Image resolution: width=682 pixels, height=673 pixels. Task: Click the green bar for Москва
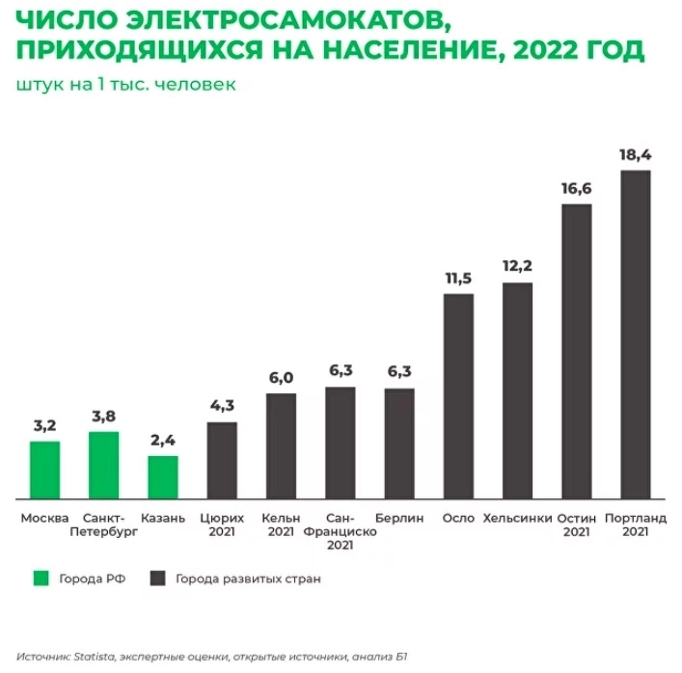[44, 470]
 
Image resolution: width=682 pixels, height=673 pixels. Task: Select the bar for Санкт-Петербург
[103, 465]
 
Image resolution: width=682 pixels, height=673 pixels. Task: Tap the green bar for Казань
[163, 477]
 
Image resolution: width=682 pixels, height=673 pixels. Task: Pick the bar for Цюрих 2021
[222, 460]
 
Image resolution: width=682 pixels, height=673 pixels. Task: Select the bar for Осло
[458, 396]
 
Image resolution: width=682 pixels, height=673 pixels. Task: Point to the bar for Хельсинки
[517, 390]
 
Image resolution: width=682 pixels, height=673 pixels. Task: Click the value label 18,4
[636, 153]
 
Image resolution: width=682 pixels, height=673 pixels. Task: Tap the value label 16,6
[576, 187]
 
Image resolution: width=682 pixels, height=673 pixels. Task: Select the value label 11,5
[458, 278]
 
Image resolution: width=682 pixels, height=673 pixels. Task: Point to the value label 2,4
[163, 440]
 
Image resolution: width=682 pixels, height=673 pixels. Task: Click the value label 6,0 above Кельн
[281, 377]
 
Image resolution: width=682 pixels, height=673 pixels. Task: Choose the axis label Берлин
[399, 518]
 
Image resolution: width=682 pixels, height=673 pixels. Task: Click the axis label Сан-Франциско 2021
[340, 531]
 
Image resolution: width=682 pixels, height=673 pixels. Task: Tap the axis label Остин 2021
[576, 525]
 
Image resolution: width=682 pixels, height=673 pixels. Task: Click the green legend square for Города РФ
[41, 579]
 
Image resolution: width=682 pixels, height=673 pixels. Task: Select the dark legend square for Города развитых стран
[157, 579]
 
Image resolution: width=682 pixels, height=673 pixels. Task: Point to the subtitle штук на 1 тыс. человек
[126, 84]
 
